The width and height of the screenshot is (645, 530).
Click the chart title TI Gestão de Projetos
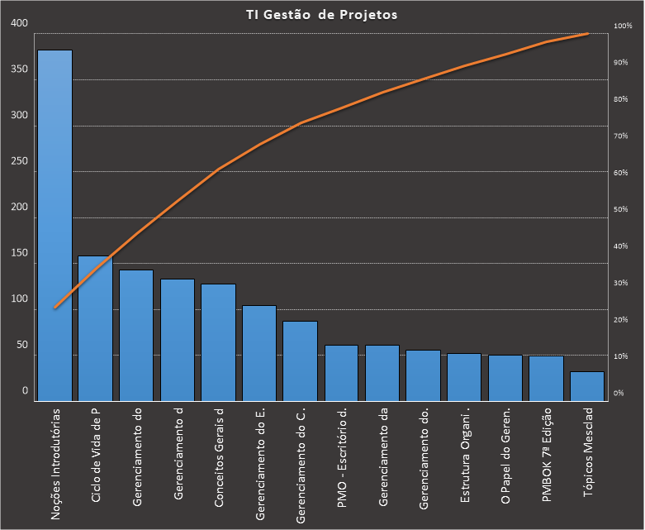pyautogui.click(x=322, y=15)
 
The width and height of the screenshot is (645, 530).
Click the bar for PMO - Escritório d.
pyautogui.click(x=341, y=373)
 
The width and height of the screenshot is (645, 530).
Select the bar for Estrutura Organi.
pyautogui.click(x=464, y=377)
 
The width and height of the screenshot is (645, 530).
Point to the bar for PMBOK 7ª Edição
pyautogui.click(x=546, y=379)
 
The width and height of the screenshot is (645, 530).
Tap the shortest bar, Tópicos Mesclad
pyautogui.click(x=587, y=386)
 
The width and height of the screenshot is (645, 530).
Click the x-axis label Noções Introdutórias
pyautogui.click(x=55, y=462)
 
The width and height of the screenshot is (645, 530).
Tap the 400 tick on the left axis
pyautogui.click(x=19, y=24)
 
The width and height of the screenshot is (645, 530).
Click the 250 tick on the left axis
pyautogui.click(x=19, y=161)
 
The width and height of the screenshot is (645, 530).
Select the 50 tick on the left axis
pyautogui.click(x=21, y=345)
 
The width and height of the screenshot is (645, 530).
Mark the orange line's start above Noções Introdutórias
pyautogui.click(x=55, y=308)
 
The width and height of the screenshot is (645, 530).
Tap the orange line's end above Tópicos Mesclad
pyautogui.click(x=587, y=34)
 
